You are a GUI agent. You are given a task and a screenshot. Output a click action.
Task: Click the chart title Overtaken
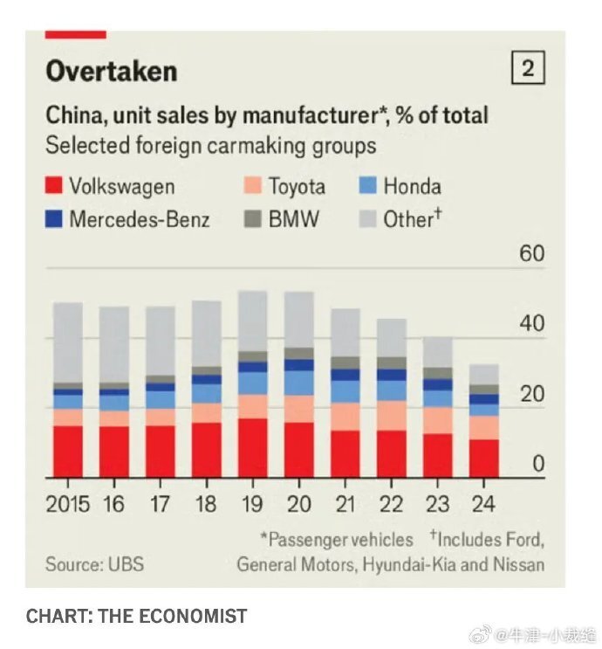(x=111, y=71)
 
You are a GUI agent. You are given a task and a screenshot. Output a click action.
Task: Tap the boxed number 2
(x=528, y=69)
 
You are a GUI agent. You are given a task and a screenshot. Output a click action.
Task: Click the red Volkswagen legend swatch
(x=53, y=186)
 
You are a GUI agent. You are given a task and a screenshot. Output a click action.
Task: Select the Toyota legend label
(x=297, y=186)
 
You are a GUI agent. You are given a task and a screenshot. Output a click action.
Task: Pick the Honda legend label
(x=412, y=186)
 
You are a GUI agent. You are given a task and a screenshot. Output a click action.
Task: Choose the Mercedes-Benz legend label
(x=140, y=218)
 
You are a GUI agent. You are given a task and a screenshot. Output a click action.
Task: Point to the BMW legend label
(x=295, y=218)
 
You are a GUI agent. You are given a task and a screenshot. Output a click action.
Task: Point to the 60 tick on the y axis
(x=531, y=254)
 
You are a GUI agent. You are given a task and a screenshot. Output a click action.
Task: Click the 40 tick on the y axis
(x=531, y=324)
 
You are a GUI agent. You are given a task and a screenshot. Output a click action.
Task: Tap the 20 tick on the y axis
(x=531, y=395)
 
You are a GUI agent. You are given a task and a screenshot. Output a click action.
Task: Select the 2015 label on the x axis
(x=69, y=504)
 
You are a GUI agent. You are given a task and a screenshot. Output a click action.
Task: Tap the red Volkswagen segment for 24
(x=484, y=459)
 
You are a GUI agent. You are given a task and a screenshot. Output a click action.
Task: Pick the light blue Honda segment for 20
(x=299, y=383)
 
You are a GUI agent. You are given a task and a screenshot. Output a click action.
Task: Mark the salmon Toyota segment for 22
(x=392, y=416)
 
